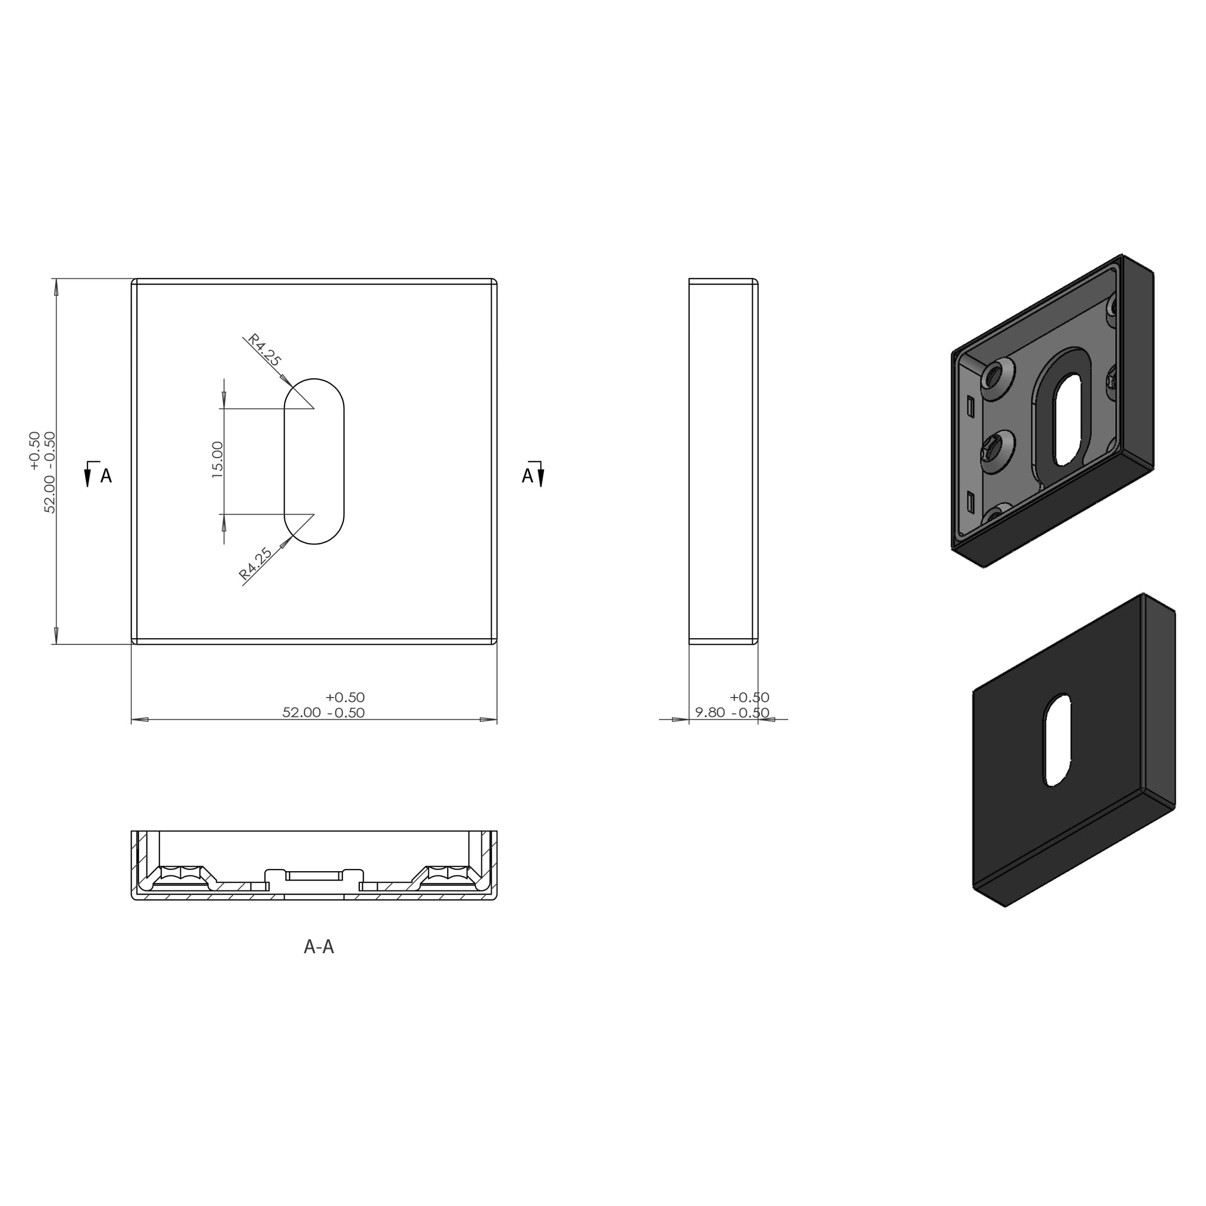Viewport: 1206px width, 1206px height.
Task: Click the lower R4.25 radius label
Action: pyautogui.click(x=256, y=563)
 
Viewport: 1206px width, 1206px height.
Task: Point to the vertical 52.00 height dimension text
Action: pyautogui.click(x=50, y=473)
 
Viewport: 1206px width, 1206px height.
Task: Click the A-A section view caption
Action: pyautogui.click(x=318, y=947)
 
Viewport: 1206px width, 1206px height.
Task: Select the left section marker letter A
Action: pyautogui.click(x=106, y=476)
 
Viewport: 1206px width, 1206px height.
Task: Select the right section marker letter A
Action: pyautogui.click(x=527, y=476)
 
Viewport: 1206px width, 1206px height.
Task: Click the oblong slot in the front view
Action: pyautogui.click(x=314, y=461)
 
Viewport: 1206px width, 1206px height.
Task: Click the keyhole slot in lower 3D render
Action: pyautogui.click(x=1057, y=740)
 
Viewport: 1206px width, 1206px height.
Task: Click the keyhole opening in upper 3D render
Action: pyautogui.click(x=1068, y=420)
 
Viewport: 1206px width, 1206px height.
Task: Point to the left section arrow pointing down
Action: pyautogui.click(x=87, y=478)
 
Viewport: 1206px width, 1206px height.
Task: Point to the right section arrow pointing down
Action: pyautogui.click(x=541, y=478)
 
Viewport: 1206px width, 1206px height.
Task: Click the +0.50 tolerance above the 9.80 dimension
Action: pyautogui.click(x=749, y=697)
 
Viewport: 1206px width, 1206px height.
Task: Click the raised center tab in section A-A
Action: pyautogui.click(x=314, y=875)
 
